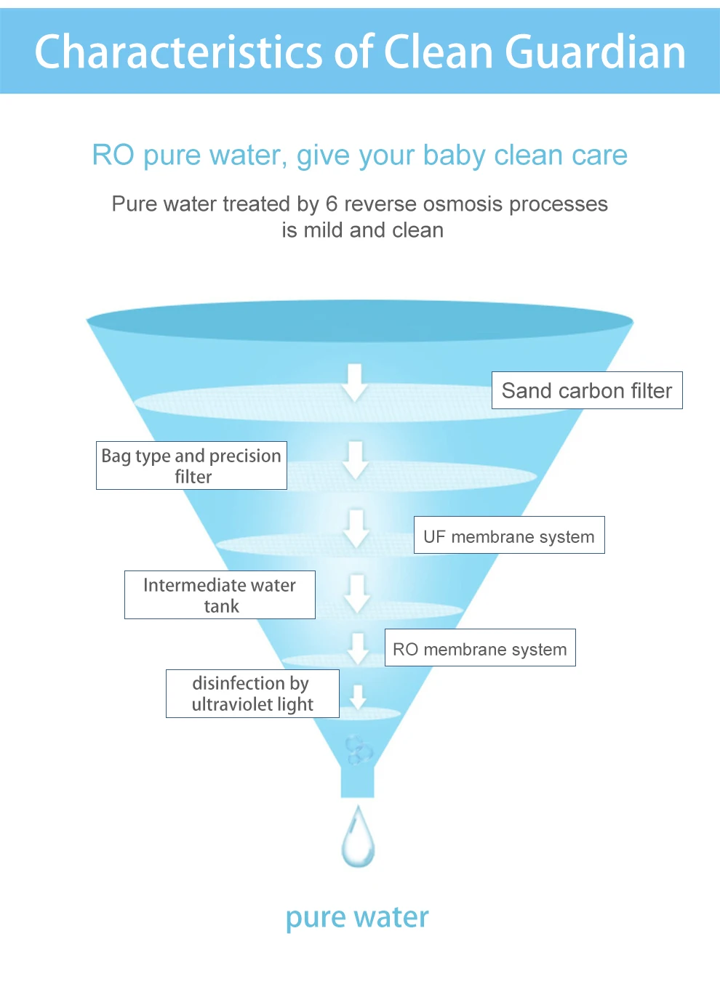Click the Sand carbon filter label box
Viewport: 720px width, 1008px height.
coord(587,390)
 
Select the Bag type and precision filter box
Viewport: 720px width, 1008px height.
coord(191,465)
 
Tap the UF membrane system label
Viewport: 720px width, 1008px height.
coord(509,536)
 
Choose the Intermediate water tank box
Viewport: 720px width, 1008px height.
coord(220,594)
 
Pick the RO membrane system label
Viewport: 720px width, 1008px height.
coord(480,648)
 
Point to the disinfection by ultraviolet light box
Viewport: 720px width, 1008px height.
coord(252,693)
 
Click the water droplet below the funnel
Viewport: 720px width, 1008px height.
coord(358,838)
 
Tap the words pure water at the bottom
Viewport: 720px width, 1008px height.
coord(357,917)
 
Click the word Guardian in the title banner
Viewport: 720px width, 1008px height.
coord(595,52)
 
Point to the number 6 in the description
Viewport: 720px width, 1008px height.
coord(332,204)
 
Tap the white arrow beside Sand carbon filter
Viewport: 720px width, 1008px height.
coord(355,382)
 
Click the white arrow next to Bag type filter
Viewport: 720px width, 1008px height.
coord(356,459)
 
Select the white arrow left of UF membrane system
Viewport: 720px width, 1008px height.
coord(356,528)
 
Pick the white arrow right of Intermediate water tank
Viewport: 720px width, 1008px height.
coord(357,593)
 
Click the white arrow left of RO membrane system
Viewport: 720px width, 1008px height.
coord(358,648)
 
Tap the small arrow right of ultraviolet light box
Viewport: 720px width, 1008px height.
coord(358,696)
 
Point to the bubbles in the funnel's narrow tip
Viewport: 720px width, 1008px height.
coord(358,749)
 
